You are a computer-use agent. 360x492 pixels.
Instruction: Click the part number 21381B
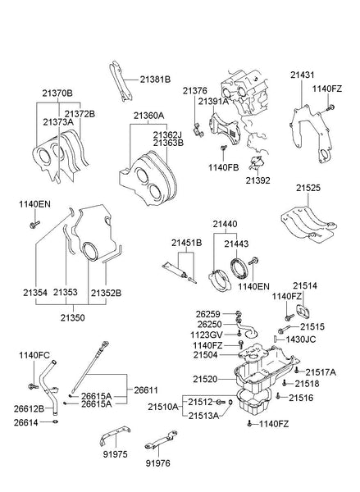click(x=155, y=80)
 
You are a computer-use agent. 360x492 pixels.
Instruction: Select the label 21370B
click(x=57, y=93)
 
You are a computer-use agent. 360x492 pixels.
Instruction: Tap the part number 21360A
click(x=148, y=116)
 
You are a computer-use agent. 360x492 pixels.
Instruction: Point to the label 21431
click(x=302, y=75)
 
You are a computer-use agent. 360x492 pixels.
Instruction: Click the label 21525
click(x=308, y=188)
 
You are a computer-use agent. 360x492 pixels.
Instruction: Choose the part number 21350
click(x=73, y=318)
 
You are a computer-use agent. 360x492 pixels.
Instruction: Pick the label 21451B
click(x=186, y=243)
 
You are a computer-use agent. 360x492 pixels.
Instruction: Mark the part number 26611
click(x=146, y=390)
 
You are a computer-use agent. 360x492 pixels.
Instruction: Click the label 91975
click(x=115, y=454)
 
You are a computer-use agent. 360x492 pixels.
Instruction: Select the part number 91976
click(x=158, y=463)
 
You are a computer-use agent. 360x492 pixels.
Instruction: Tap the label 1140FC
click(x=34, y=356)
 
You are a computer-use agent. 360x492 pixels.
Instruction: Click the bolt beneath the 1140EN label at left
click(x=34, y=225)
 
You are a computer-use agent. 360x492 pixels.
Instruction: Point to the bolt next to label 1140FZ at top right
click(x=329, y=108)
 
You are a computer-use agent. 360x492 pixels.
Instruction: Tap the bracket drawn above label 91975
click(x=115, y=435)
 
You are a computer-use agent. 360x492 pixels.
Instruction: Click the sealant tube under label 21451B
click(x=175, y=270)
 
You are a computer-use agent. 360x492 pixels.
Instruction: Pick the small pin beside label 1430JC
click(x=275, y=339)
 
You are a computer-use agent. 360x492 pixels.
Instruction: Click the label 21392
click(x=257, y=180)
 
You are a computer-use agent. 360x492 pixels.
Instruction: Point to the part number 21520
click(x=205, y=380)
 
